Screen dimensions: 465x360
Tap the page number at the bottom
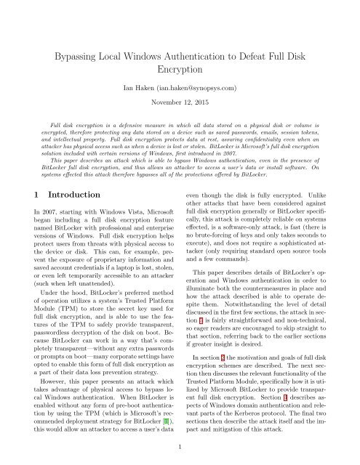(x=180, y=448)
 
